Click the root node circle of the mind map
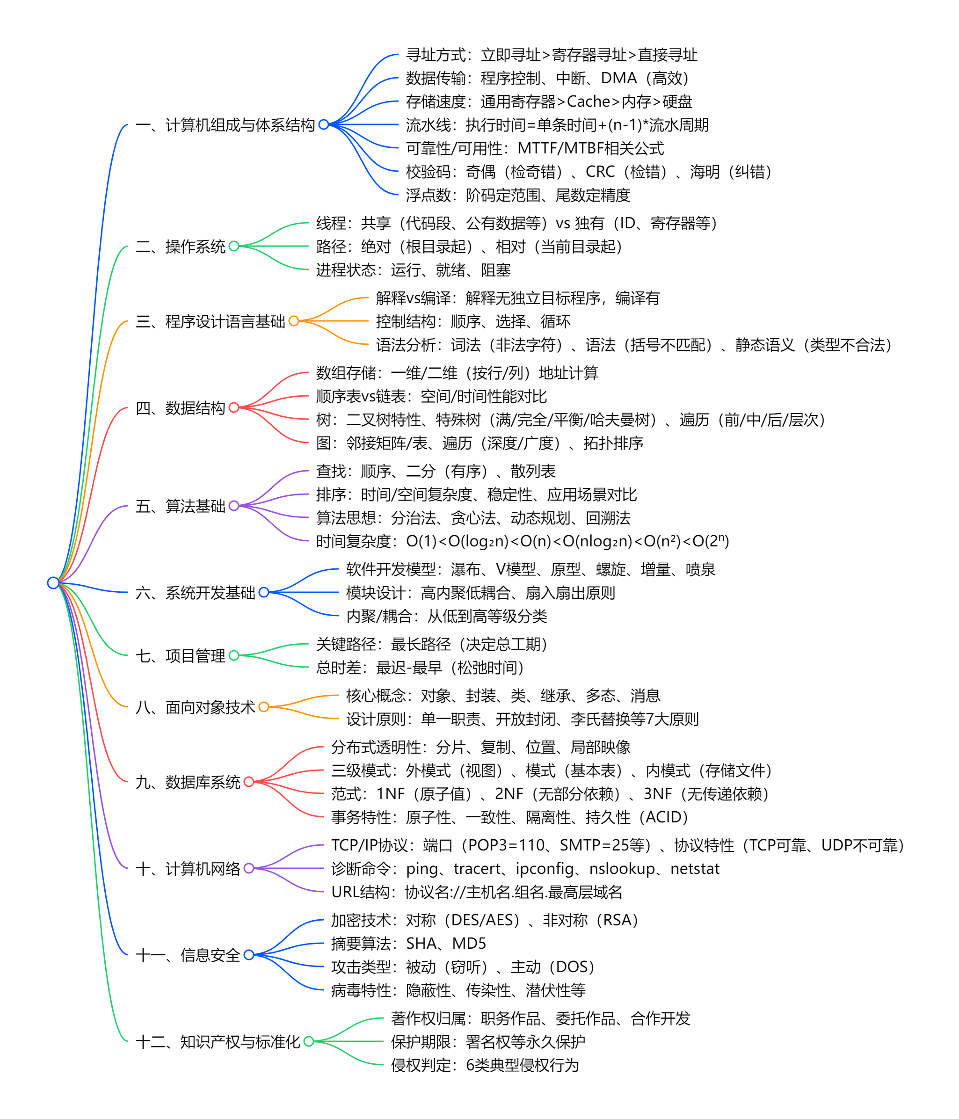click(x=53, y=583)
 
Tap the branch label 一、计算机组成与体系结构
click(x=225, y=125)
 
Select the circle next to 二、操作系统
click(x=234, y=246)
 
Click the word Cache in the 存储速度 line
click(x=588, y=102)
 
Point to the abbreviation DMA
click(x=618, y=78)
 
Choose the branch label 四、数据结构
click(x=181, y=408)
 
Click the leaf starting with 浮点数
click(x=518, y=195)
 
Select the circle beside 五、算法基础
click(x=234, y=506)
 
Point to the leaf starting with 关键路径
click(x=431, y=644)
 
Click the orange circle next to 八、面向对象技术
click(x=263, y=707)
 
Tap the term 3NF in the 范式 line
click(x=657, y=793)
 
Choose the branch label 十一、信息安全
click(x=188, y=955)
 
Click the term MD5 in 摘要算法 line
click(x=469, y=943)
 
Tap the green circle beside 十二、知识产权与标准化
click(x=308, y=1041)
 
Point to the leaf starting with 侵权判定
click(x=484, y=1065)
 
